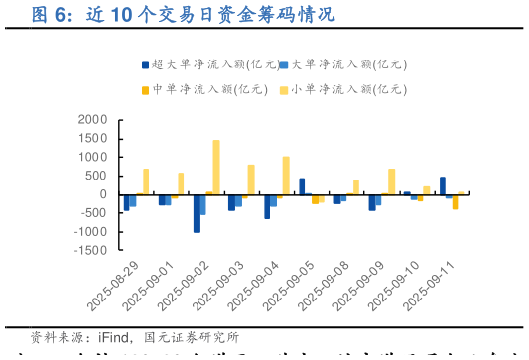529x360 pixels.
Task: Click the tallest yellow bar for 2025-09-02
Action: point(216,167)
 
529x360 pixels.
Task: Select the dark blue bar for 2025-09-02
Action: point(197,213)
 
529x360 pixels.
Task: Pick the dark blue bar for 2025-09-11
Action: point(443,185)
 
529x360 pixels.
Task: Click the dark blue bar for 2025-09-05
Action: point(302,186)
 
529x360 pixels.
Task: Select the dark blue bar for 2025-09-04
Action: point(267,206)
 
